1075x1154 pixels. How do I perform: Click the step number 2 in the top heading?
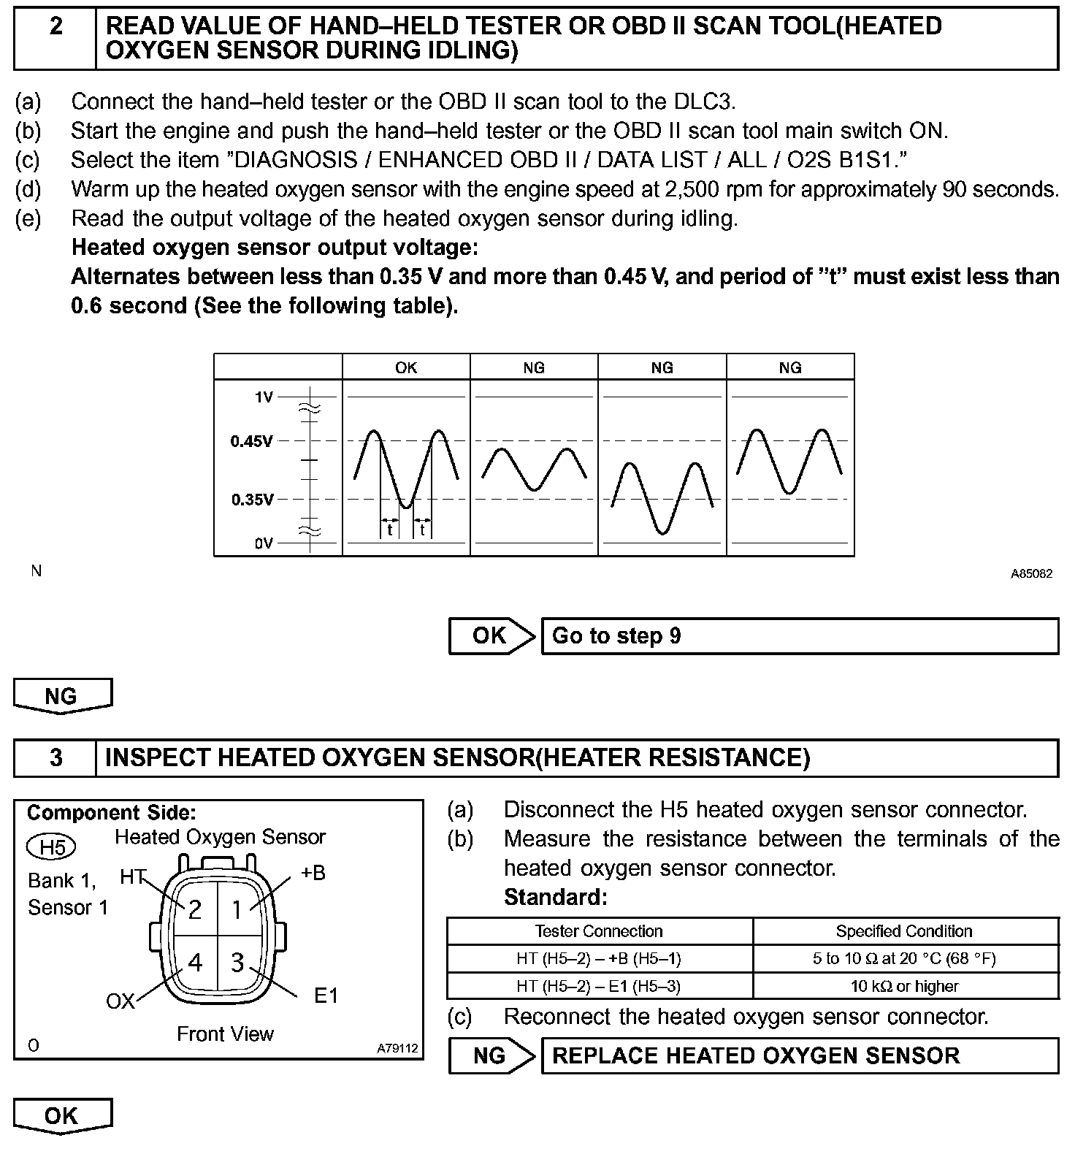(x=56, y=27)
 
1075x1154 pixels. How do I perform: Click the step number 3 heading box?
(x=56, y=757)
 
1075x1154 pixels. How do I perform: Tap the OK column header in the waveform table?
(x=406, y=367)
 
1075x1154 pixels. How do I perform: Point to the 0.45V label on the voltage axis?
(x=252, y=441)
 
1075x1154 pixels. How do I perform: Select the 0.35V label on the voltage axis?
(x=252, y=500)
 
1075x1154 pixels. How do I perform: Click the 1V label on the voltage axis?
(x=263, y=397)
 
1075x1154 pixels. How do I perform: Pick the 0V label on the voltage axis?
(x=263, y=543)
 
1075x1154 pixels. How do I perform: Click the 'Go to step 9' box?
(x=800, y=636)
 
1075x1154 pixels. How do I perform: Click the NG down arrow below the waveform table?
(x=62, y=696)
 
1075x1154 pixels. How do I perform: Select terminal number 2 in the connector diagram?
(x=195, y=909)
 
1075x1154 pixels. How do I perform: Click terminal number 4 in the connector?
(x=195, y=963)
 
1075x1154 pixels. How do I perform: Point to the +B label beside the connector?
(x=313, y=872)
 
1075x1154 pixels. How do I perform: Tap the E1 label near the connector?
(x=326, y=996)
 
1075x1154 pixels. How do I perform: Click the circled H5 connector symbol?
(x=52, y=847)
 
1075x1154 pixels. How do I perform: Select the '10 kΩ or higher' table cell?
(x=904, y=987)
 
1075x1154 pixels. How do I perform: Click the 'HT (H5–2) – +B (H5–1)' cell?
(x=599, y=959)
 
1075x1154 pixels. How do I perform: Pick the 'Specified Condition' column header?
(x=904, y=931)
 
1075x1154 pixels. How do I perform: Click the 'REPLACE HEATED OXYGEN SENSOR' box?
(x=800, y=1056)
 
